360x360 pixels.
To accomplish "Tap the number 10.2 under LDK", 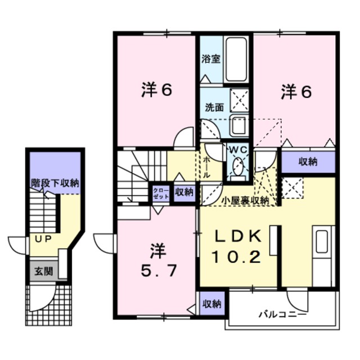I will click(x=236, y=258).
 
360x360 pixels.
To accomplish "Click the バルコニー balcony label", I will click(x=282, y=314).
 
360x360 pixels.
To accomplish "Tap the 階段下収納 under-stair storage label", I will click(x=55, y=183).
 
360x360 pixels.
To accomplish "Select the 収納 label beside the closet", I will click(x=183, y=192).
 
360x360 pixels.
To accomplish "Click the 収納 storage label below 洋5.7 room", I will click(x=211, y=304).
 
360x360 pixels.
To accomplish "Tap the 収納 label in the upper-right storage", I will click(x=308, y=161).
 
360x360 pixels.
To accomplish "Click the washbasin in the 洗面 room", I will click(x=236, y=125).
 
